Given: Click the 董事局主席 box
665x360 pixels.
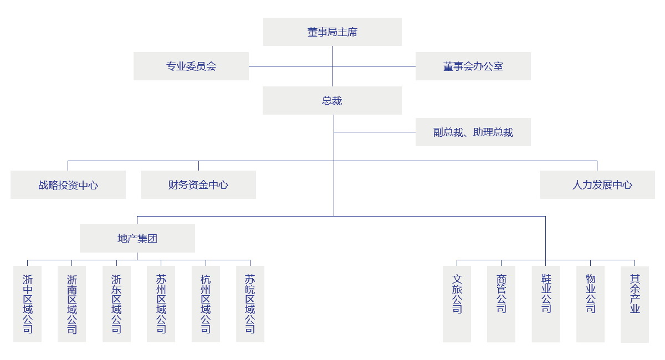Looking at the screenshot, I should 332,32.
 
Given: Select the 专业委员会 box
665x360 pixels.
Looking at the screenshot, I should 191,66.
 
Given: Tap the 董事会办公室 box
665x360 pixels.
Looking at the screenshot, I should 473,66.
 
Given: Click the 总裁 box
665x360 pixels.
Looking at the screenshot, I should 331,100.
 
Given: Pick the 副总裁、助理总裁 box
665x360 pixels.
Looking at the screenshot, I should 473,132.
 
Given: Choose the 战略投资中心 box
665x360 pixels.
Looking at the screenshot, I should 68,184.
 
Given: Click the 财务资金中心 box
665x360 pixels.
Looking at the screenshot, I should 198,184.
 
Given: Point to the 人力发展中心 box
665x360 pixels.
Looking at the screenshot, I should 597,184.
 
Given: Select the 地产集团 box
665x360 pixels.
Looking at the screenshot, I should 137,238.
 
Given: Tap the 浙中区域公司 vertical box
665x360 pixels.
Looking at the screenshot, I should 28,304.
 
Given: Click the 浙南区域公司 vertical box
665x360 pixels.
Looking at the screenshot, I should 72,304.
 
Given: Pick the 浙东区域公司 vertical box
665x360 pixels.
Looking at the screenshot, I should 116,304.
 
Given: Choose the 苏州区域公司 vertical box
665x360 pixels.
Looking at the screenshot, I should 161,304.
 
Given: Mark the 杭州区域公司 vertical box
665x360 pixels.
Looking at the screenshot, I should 206,304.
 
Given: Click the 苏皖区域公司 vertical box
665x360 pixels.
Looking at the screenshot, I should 250,304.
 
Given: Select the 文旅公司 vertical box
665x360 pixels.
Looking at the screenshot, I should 457,304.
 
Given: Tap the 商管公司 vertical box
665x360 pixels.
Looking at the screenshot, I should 501,304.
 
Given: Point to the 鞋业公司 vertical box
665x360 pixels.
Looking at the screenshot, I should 546,304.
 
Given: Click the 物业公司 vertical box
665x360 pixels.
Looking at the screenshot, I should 590,304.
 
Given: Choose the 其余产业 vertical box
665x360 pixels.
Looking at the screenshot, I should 635,304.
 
